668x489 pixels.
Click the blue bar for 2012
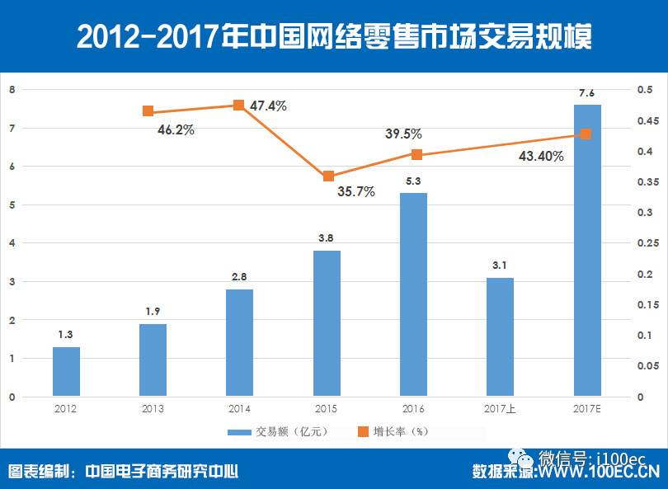tap(66, 371)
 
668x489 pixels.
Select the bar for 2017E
tap(587, 251)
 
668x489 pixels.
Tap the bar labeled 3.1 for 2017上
tap(500, 336)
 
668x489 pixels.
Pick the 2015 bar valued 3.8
tap(327, 323)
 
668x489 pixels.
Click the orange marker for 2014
tap(238, 105)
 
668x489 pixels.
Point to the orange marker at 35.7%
tap(328, 176)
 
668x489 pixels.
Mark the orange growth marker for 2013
tap(148, 111)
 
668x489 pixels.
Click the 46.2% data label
tap(176, 129)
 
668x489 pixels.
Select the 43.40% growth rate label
tap(541, 156)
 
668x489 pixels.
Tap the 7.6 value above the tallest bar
tap(586, 93)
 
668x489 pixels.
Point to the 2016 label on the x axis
tap(413, 408)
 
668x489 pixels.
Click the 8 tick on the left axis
tap(12, 90)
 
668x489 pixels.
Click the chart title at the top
tap(333, 36)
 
